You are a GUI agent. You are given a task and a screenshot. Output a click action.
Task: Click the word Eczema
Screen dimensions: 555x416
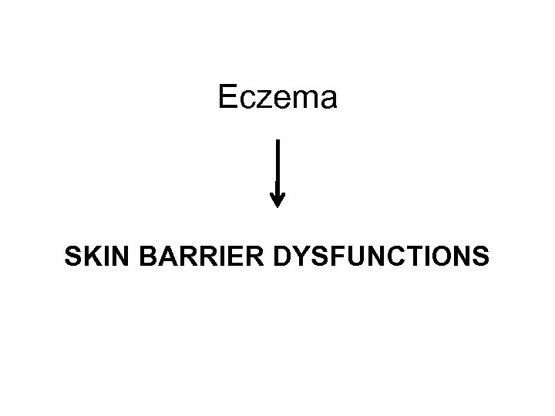tap(277, 99)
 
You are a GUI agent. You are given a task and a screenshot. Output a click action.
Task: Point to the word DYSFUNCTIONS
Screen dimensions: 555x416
tap(380, 257)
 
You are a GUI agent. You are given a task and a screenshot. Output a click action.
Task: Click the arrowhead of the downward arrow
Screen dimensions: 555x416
tap(277, 200)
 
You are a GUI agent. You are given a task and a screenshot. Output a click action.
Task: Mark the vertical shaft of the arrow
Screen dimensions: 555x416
tap(277, 166)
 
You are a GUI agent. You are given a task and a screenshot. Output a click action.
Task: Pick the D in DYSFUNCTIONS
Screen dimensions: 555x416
tap(283, 257)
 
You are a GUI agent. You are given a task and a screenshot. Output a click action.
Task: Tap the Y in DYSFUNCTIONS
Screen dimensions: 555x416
tap(301, 257)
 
